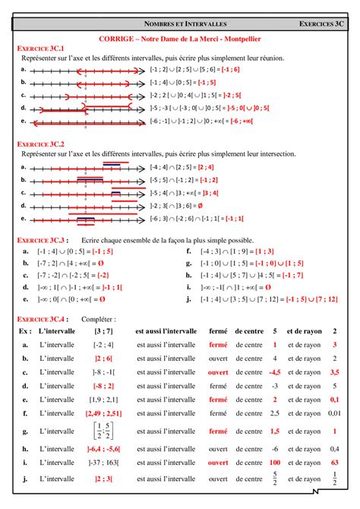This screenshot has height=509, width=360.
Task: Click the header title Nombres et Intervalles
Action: [180, 24]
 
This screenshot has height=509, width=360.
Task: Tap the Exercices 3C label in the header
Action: [320, 24]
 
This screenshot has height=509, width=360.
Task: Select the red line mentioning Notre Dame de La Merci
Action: [179, 37]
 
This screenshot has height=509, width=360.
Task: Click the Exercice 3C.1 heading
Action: [40, 48]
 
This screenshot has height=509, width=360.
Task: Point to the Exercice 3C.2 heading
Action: [40, 143]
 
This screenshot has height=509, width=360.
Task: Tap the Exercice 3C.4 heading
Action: [40, 319]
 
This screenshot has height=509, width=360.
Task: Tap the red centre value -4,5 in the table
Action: [275, 372]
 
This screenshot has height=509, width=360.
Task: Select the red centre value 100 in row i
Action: [275, 462]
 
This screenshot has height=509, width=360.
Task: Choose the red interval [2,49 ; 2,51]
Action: [104, 413]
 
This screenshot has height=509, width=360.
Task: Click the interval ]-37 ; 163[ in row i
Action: [104, 462]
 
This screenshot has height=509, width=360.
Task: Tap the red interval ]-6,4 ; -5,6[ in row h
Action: [104, 449]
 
